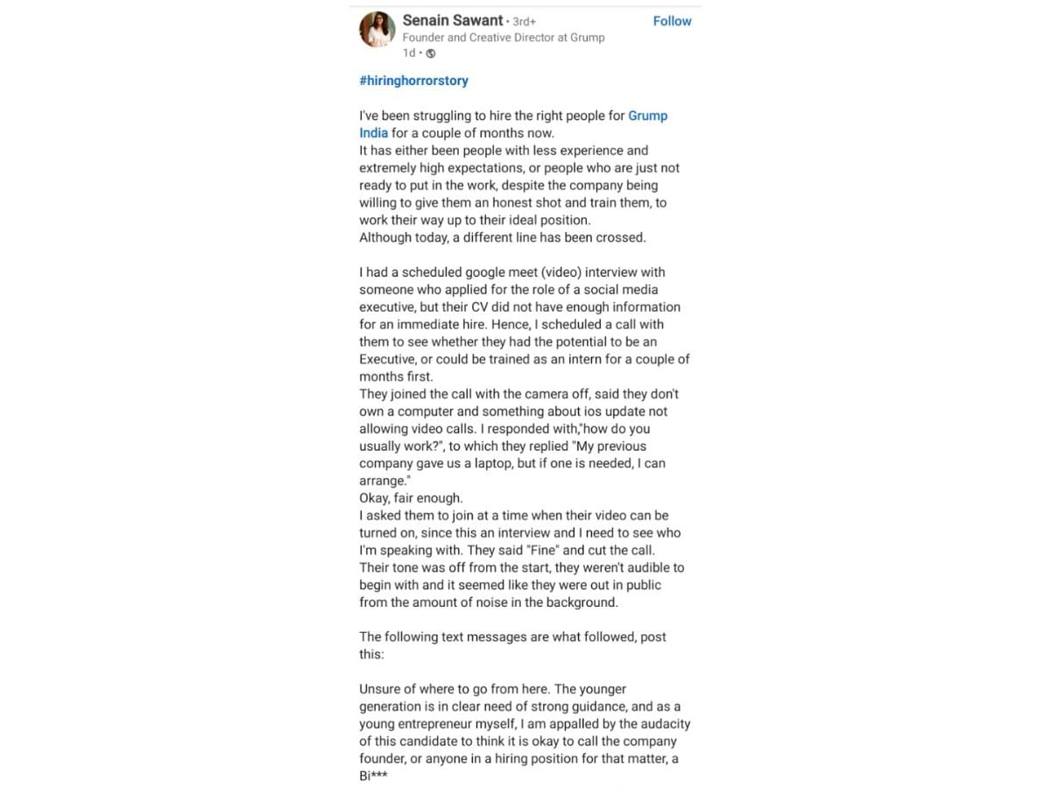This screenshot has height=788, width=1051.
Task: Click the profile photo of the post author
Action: [x=377, y=30]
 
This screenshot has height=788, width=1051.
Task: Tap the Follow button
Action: [x=672, y=21]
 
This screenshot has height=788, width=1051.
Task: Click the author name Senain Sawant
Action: [x=452, y=20]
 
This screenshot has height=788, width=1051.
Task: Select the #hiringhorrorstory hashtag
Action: [x=413, y=81]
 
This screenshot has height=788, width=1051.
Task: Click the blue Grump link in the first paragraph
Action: [x=647, y=116]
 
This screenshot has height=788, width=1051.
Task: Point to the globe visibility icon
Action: [x=430, y=53]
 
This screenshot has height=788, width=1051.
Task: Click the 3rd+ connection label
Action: [x=524, y=21]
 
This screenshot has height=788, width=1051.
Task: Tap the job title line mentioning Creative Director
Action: [x=503, y=38]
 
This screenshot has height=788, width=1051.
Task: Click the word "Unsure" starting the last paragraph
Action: [x=381, y=689]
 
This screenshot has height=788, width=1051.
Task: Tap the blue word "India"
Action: [x=373, y=133]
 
